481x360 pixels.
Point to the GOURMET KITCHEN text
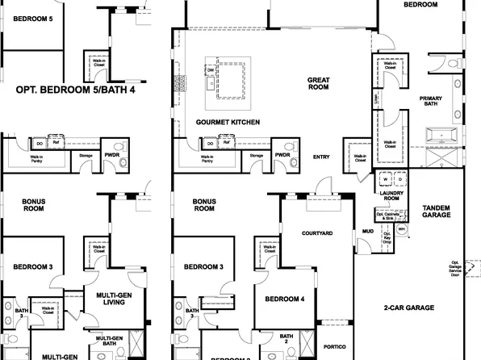coord(228,122)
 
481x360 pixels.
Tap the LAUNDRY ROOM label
coord(391,196)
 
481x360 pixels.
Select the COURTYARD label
coord(317,232)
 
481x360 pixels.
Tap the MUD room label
coord(367,231)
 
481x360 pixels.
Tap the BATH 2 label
coord(287,339)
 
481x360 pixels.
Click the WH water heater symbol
coord(401,229)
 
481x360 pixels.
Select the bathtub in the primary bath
coord(444,135)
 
